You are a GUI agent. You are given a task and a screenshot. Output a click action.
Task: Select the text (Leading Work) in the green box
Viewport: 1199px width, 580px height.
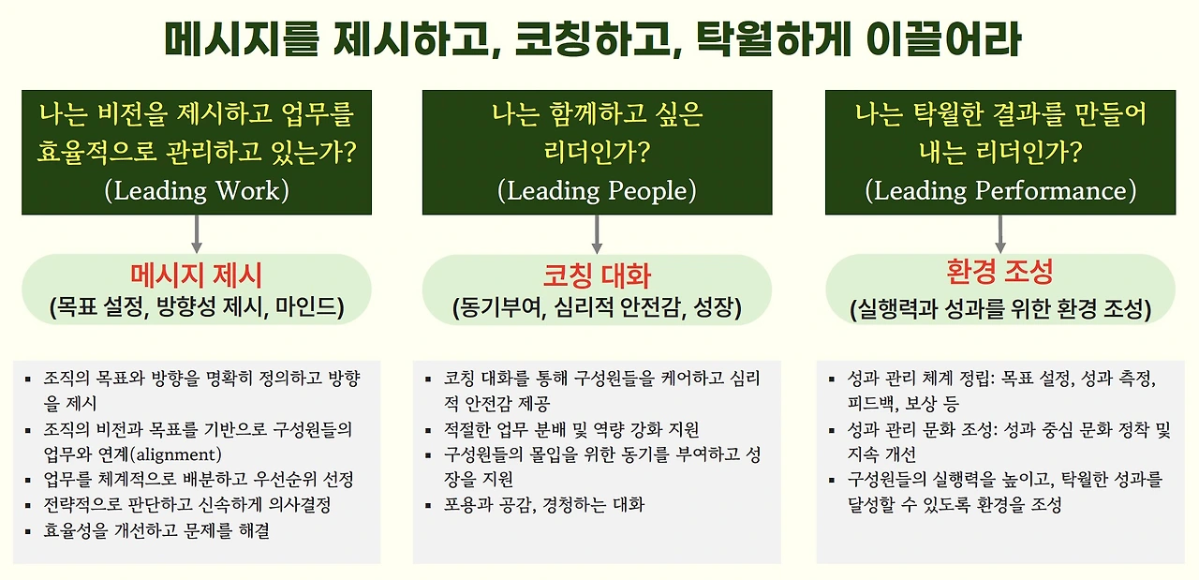tap(197, 190)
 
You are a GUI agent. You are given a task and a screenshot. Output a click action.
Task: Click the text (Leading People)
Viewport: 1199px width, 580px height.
tap(597, 190)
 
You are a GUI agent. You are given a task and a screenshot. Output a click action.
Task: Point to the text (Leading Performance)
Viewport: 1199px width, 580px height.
tap(999, 190)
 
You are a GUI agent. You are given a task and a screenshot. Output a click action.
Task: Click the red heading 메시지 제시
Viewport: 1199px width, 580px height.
tap(197, 275)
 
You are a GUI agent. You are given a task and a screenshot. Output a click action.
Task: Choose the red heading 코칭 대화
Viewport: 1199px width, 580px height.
tap(597, 275)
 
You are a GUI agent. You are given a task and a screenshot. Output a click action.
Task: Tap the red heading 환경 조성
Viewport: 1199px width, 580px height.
tap(999, 272)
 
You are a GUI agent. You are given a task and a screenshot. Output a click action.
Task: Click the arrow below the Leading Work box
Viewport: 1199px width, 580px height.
tap(197, 233)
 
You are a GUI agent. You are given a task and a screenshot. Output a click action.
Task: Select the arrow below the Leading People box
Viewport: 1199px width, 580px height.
tap(597, 233)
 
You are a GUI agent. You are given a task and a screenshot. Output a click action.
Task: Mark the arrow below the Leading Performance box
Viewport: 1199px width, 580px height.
tap(999, 233)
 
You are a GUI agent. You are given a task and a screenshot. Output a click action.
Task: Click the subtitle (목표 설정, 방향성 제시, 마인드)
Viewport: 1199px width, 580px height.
tap(197, 306)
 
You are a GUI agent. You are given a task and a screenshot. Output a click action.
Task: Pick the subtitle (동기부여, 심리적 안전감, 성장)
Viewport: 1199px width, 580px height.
tap(597, 306)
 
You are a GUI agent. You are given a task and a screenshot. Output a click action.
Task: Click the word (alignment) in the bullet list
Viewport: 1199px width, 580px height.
tap(177, 455)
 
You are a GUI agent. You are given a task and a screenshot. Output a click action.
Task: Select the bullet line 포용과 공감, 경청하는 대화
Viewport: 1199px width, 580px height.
tap(544, 505)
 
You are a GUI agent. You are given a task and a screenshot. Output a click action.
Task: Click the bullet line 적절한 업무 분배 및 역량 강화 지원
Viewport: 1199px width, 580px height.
tap(571, 430)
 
